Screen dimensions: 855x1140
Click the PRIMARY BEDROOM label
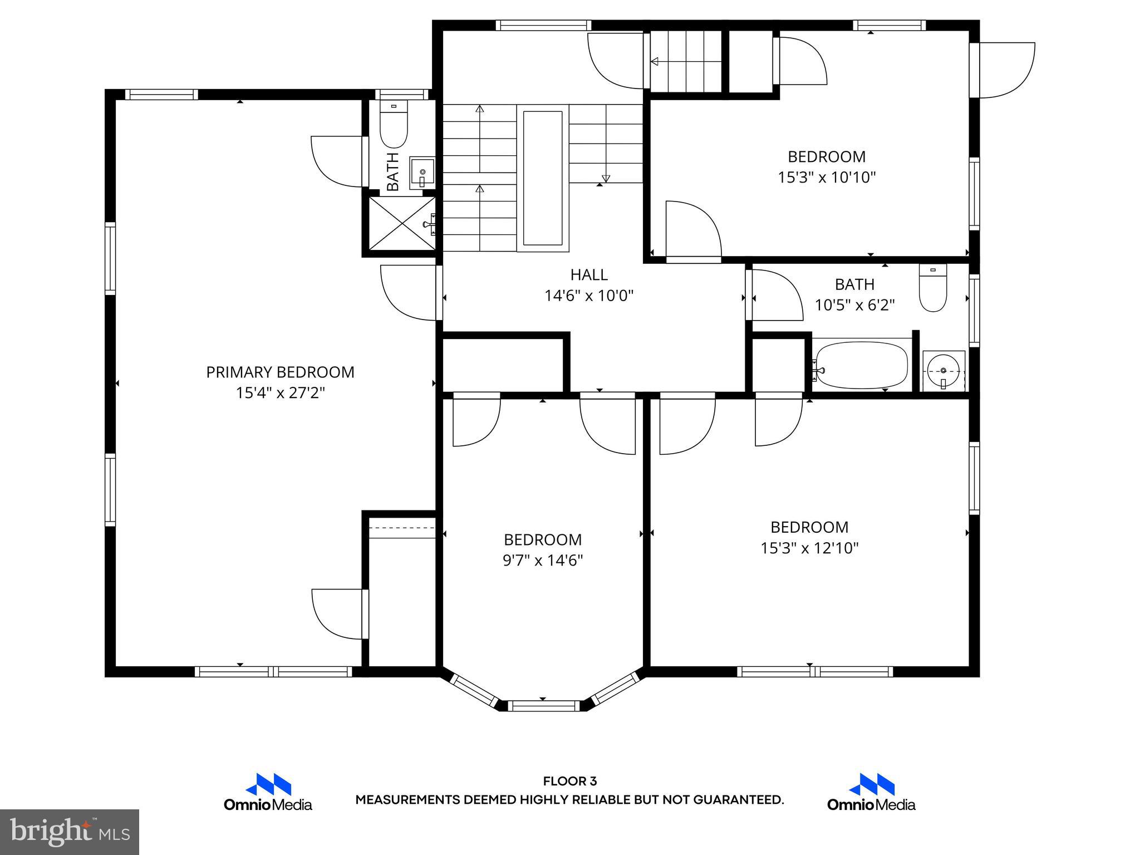coord(280,372)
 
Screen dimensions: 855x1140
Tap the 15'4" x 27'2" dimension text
coord(280,393)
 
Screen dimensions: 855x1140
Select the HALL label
coord(589,274)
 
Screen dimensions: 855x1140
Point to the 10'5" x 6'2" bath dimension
coord(854,305)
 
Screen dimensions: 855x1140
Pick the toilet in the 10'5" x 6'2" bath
coord(933,289)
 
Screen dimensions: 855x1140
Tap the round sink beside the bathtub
coord(943,371)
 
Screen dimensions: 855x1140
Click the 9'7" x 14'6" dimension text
coord(543,560)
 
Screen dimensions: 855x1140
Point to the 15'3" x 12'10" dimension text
coord(809,548)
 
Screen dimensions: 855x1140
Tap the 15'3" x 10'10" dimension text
coord(827,178)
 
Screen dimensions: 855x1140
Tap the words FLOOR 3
coord(569,782)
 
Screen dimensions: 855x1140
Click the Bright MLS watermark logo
coord(70,832)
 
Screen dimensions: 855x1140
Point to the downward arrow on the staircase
coord(606,179)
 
